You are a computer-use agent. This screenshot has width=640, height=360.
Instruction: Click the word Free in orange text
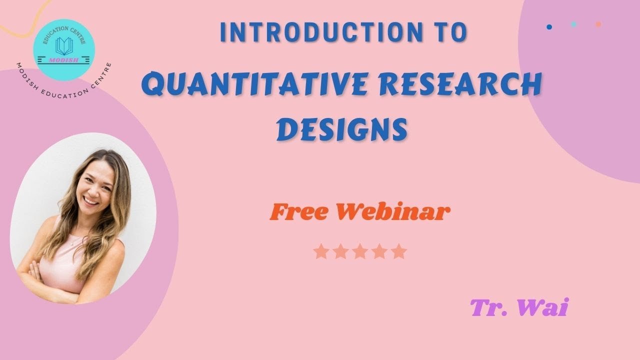299,212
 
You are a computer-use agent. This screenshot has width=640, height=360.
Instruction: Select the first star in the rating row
320,251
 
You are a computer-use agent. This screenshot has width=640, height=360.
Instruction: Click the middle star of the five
359,251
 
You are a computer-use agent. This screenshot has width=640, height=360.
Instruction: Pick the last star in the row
398,251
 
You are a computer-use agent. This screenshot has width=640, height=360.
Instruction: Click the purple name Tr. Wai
519,307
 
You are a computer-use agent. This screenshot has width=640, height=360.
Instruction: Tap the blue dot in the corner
549,27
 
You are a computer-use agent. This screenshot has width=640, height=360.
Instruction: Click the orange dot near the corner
598,24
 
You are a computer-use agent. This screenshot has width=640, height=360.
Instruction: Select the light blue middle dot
573,24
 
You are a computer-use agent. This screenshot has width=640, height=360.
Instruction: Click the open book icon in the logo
64,46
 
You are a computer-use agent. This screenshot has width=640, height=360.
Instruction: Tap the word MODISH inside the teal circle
64,59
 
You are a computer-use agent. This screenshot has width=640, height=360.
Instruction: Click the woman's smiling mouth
91,201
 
